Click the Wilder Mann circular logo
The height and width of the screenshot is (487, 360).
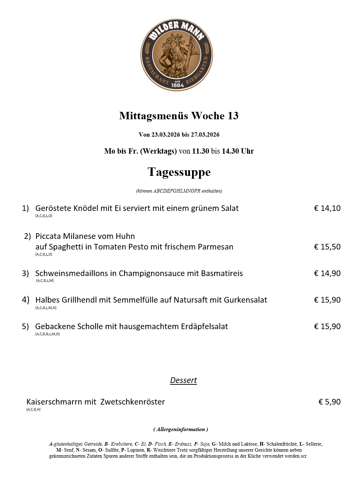pos(177,55)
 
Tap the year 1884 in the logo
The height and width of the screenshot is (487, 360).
pos(177,85)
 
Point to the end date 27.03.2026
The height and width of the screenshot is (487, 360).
pos(205,134)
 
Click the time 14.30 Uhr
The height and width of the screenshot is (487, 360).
pos(238,151)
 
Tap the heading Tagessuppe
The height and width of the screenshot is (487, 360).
pos(179,172)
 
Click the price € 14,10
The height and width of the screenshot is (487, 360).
pos(327,208)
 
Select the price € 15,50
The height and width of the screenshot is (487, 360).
pos(327,247)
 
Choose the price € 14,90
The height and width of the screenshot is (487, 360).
pos(327,273)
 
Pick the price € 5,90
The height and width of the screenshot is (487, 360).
pos(329,402)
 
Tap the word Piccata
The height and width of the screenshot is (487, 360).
pos(48,236)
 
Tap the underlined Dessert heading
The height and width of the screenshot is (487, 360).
pos(183,380)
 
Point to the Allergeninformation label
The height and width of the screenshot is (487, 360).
pos(180,429)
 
